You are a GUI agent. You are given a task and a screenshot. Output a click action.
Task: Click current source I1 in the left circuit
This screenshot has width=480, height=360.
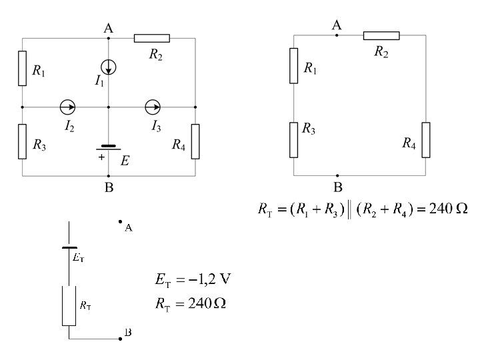pos(109,66)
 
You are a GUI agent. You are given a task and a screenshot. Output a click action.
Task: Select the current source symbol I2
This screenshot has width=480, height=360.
pos(67,107)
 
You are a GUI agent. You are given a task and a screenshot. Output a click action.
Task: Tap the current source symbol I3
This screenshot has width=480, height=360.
pos(153,107)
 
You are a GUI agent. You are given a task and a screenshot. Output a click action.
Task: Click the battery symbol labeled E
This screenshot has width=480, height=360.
pos(109,147)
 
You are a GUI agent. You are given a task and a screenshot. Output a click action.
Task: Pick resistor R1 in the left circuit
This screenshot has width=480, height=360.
pos(23,68)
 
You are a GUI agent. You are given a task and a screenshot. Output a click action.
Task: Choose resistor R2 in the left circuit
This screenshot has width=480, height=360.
pos(152,38)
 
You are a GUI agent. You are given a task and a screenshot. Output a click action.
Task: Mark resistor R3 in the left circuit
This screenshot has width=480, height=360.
pos(23,141)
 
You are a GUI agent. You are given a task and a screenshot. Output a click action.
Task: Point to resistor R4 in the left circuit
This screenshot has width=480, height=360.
pos(195,141)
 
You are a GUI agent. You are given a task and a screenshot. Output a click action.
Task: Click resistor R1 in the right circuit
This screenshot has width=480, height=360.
pos(294,65)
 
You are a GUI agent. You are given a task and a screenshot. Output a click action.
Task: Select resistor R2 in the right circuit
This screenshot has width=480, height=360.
pos(381,35)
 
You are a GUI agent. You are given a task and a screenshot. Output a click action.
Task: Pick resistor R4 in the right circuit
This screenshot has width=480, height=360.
pos(425,140)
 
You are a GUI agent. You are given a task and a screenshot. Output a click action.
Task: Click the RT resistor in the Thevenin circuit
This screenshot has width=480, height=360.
pos(69,306)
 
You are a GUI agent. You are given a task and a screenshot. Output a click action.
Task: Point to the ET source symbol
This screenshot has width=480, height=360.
pos(69,247)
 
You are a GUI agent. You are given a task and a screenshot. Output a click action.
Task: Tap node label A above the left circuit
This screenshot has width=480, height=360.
pos(109,28)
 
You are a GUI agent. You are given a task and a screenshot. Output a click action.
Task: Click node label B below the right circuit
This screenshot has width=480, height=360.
pos(338,187)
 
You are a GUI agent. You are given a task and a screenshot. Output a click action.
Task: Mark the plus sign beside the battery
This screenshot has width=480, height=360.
pos(101,158)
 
